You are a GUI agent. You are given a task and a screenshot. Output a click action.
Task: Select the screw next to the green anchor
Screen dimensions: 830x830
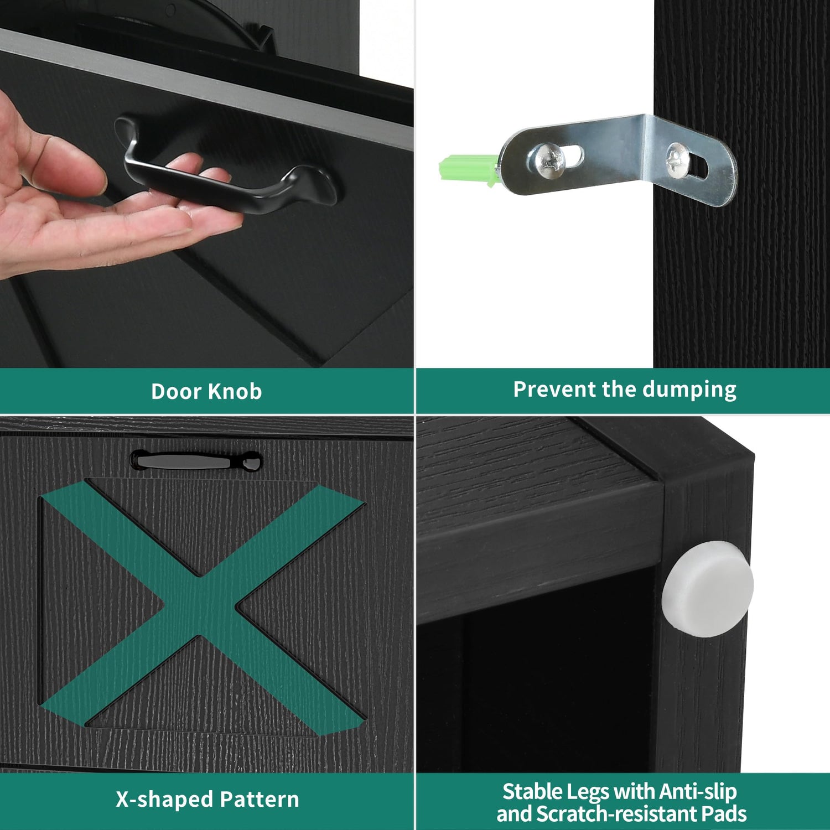click(548, 160)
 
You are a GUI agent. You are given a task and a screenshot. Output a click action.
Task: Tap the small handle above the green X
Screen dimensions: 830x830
click(196, 461)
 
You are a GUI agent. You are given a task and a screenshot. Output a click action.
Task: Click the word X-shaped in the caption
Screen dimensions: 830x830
click(164, 800)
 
